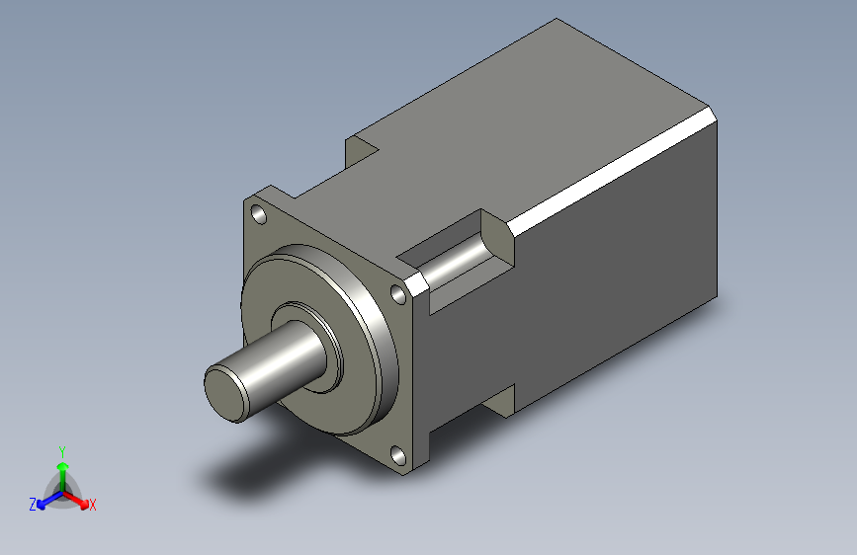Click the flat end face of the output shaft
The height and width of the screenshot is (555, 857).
(x=226, y=392)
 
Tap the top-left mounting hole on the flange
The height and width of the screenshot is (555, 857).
(x=258, y=213)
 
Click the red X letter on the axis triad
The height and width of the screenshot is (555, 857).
(x=93, y=505)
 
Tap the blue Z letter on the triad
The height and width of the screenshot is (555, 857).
(x=33, y=504)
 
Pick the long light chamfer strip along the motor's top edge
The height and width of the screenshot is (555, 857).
(x=613, y=168)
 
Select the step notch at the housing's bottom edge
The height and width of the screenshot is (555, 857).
(x=500, y=398)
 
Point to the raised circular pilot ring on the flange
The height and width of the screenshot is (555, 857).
(x=376, y=326)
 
